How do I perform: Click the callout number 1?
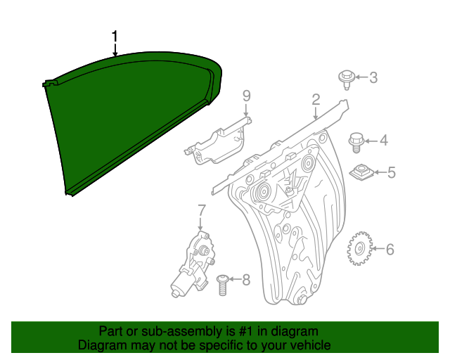click(115, 37)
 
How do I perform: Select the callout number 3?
click(373, 77)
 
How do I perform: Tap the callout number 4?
click(383, 141)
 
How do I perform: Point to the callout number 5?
click(392, 172)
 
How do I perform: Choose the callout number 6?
click(390, 249)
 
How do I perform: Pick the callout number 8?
click(245, 281)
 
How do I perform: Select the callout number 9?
click(246, 95)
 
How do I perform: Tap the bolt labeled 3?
click(346, 77)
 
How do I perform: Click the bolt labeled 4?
click(356, 141)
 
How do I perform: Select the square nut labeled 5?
click(361, 172)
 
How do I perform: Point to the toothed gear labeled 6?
click(359, 248)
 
